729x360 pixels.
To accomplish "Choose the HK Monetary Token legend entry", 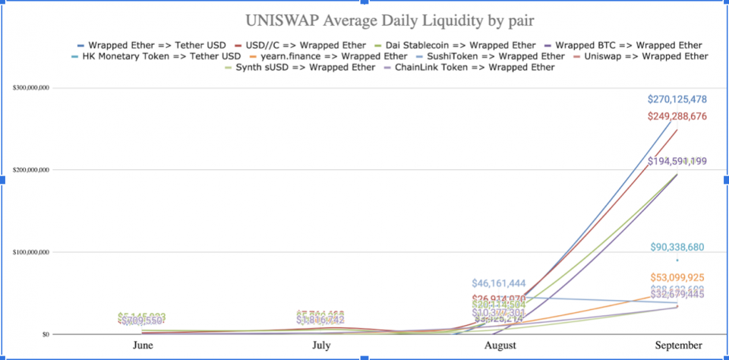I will pyautogui.click(x=161, y=56).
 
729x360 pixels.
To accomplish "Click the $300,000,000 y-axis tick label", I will pyautogui.click(x=32, y=88).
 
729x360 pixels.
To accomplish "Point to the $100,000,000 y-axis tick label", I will pyautogui.click(x=32, y=252).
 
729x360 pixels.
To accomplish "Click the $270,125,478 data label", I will pyautogui.click(x=677, y=99).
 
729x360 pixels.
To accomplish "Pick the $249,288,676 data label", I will pyautogui.click(x=677, y=116).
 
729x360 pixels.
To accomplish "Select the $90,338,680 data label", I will pyautogui.click(x=677, y=248).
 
